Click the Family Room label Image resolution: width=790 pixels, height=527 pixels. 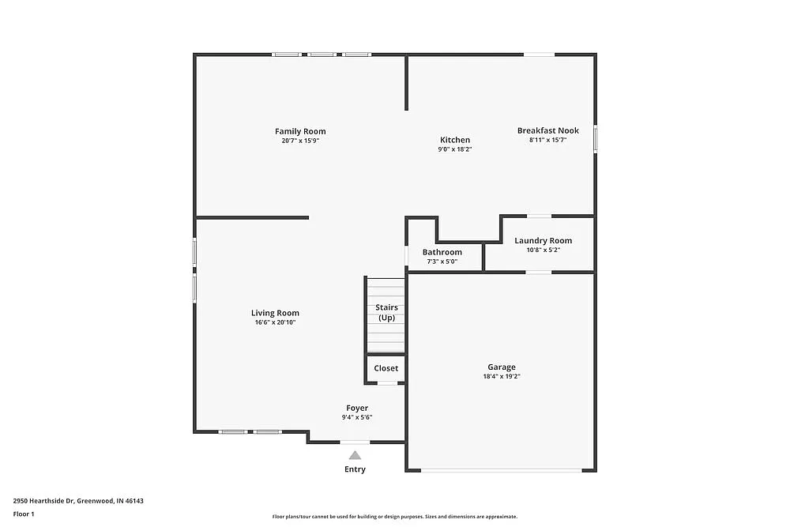pos(300,131)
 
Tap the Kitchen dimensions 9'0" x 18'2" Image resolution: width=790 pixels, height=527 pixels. pos(455,149)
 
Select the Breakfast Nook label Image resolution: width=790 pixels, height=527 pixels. pos(548,130)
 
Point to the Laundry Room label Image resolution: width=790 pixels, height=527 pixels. pos(543,240)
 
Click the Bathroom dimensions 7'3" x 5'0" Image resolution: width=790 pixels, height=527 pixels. pos(442,262)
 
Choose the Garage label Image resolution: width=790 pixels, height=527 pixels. pos(501,367)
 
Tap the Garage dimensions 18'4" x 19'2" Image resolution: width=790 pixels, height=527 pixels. pos(501,377)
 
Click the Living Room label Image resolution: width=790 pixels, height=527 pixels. pos(275,313)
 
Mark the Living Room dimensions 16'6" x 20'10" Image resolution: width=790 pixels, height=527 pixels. pos(275,322)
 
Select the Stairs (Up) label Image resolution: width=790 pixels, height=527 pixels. pos(386,312)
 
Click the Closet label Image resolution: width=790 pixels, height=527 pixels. pos(386,368)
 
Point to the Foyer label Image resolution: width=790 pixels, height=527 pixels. pos(357,408)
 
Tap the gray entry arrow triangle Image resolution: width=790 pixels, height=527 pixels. pos(355,454)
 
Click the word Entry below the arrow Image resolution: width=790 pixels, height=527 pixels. pos(355,469)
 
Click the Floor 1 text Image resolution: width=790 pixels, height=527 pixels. pos(24,514)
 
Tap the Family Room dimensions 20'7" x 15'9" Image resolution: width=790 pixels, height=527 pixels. pos(300,141)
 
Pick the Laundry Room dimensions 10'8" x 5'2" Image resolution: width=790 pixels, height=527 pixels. pos(543,250)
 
